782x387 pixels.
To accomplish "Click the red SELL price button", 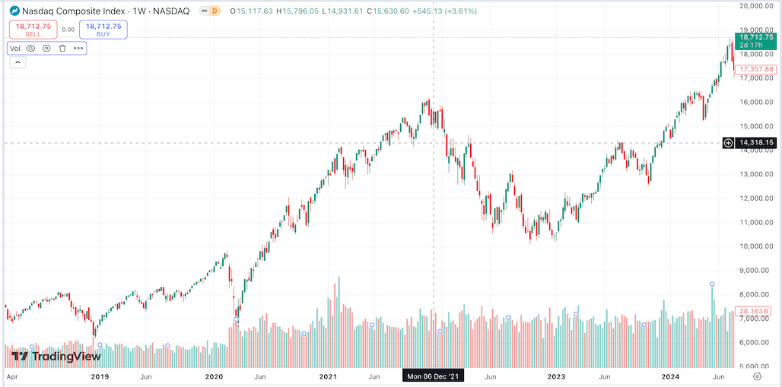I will (33, 30).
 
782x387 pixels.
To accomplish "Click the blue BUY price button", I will (103, 30).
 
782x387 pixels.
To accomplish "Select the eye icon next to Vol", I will (31, 48).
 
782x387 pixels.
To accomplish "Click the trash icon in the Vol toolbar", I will (62, 48).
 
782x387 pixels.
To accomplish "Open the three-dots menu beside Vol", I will (78, 48).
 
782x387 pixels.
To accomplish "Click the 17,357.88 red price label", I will (756, 69).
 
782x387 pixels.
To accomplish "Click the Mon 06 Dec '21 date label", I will (433, 376).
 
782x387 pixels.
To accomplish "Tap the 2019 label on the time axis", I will (100, 376).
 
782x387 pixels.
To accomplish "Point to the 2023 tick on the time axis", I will (557, 376).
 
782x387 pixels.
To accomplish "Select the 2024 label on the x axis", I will (670, 376).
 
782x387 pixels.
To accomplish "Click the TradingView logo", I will (56, 356).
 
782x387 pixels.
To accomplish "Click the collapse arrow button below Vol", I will (17, 62).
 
